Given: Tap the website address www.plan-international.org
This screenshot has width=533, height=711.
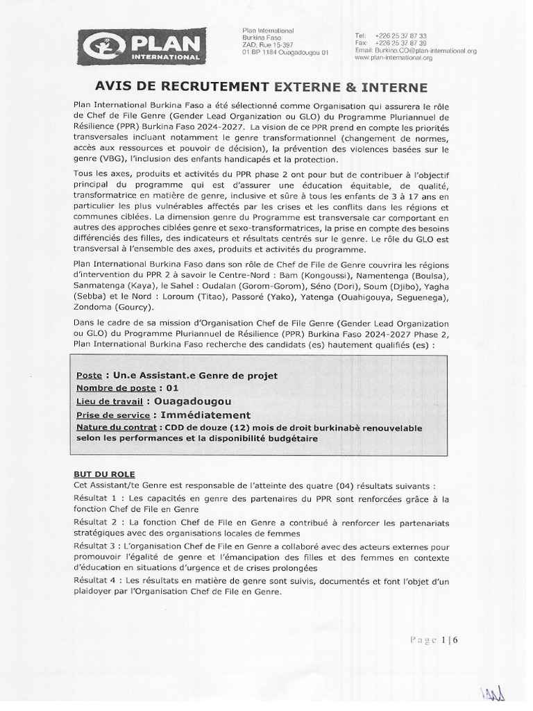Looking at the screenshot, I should click(393, 58).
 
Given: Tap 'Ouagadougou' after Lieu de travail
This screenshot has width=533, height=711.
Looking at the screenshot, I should click(192, 401).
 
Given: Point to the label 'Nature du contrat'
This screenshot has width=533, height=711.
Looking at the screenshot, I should click(115, 428).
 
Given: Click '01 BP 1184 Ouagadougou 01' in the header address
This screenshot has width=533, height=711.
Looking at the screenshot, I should click(285, 52).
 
